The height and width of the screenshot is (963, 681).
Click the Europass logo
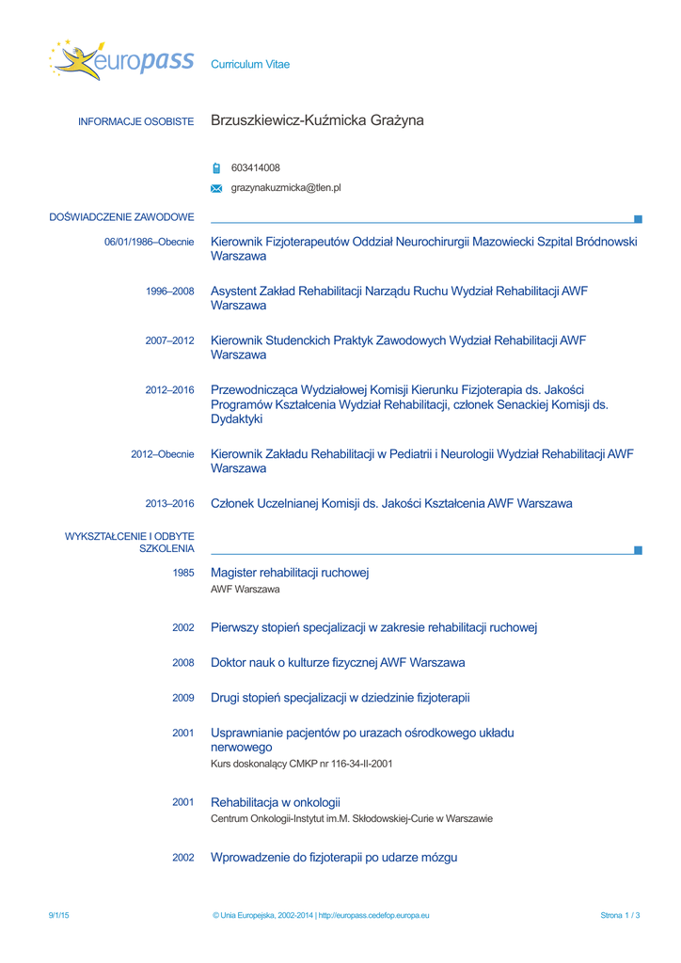(120, 60)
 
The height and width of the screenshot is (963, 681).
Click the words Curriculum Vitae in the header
(250, 65)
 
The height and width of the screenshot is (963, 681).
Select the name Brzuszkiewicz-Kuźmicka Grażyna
(317, 120)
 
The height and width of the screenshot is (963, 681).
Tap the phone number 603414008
(255, 168)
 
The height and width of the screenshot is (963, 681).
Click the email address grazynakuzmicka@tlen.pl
(286, 188)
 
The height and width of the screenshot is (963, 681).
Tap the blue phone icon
(216, 169)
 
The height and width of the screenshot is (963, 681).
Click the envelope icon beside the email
(216, 189)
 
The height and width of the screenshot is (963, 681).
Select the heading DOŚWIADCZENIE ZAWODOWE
(121, 217)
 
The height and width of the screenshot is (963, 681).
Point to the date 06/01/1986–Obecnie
(149, 242)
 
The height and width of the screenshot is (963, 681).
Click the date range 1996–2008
(169, 292)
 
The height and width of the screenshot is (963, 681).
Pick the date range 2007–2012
(169, 340)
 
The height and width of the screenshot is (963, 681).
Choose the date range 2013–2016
(169, 504)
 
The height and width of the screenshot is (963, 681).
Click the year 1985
(183, 573)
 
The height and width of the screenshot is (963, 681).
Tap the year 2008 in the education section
(183, 663)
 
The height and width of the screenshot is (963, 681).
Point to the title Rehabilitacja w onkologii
(275, 802)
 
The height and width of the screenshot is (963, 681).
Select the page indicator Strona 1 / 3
(620, 915)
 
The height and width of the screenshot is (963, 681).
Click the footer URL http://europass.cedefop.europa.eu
(373, 915)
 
